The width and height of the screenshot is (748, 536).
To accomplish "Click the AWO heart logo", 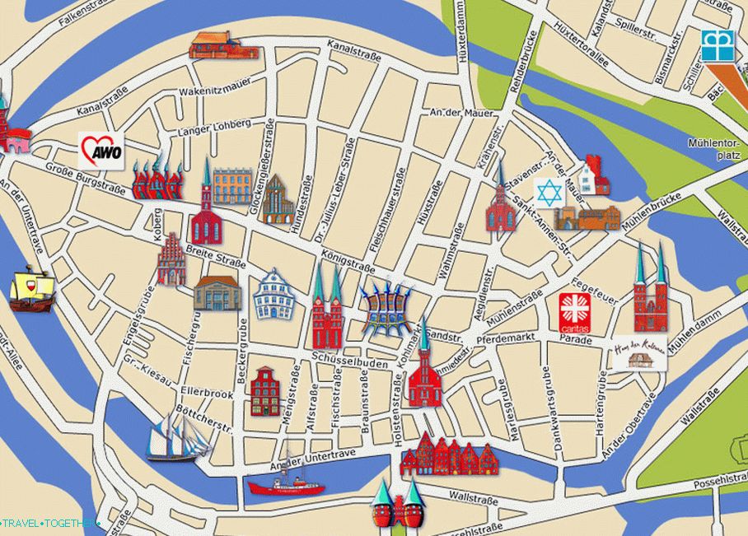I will click(101, 151).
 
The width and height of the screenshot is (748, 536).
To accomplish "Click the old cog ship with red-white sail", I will click(30, 288).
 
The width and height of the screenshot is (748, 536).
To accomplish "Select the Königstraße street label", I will click(348, 261).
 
